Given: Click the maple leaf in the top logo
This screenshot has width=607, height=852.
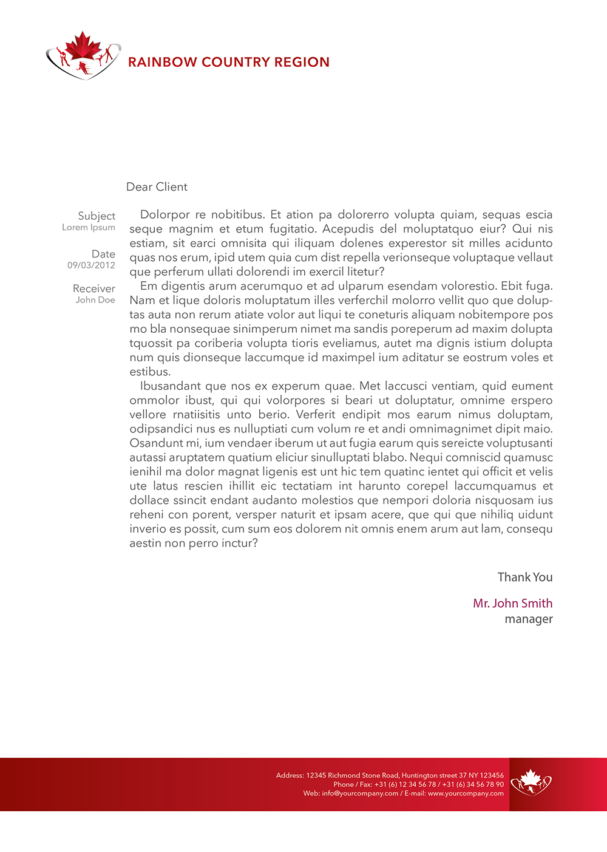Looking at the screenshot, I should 83,46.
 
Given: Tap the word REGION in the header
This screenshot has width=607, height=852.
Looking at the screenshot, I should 302,62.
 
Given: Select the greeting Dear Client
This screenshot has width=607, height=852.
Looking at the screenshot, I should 157,187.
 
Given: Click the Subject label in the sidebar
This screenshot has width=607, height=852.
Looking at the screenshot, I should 97,216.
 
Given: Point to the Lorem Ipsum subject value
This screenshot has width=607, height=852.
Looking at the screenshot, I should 89,227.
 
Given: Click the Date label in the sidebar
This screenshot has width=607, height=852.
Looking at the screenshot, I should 103,254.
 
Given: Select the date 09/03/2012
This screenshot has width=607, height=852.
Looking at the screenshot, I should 91,265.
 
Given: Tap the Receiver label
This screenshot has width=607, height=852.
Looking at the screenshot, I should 94,288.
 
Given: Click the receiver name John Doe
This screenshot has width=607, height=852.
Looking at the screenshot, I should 95,300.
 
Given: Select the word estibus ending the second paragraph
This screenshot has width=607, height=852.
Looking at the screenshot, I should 150,372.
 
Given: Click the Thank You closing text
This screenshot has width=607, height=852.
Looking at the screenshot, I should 525,578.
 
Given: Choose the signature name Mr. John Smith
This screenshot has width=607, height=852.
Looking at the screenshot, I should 513,604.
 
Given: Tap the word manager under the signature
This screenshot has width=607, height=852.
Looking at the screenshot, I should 529,619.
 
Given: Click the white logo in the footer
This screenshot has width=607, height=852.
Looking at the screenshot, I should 531,783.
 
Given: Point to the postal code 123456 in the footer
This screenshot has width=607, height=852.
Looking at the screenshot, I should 492,775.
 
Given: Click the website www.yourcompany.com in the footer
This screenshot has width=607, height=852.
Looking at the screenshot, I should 466,793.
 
